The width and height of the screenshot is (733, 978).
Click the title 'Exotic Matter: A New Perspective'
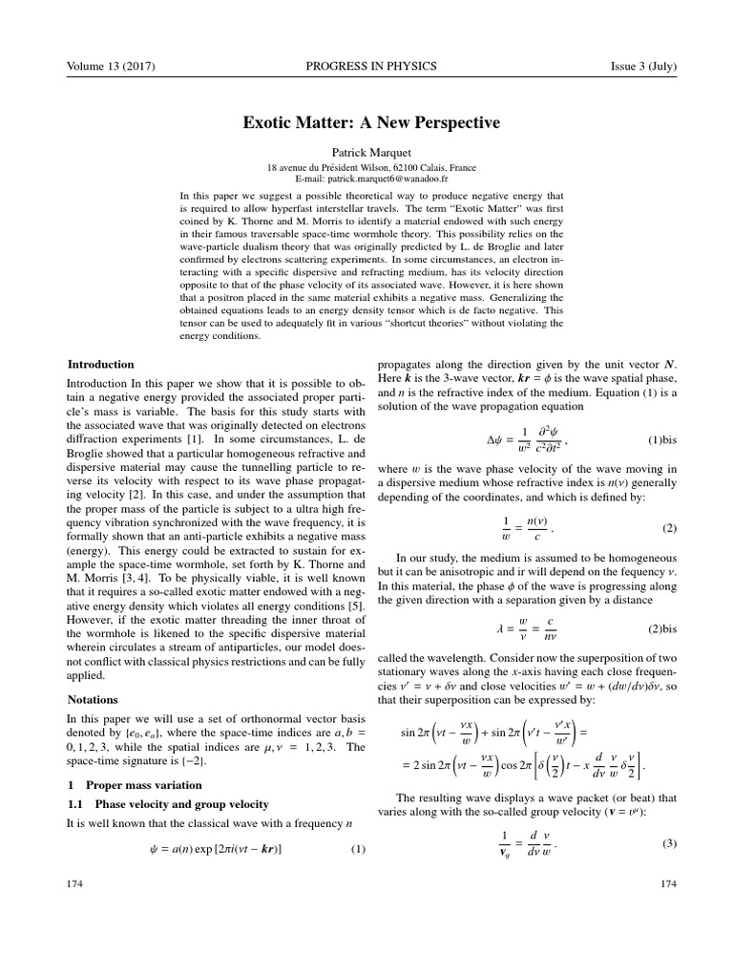(366, 123)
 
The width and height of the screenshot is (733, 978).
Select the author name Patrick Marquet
(366, 152)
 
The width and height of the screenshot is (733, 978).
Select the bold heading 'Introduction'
(100, 364)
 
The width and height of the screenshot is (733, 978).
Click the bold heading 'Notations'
(93, 699)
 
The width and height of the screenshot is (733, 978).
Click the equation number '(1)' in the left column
(359, 849)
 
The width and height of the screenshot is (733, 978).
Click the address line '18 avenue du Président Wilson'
(366, 167)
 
